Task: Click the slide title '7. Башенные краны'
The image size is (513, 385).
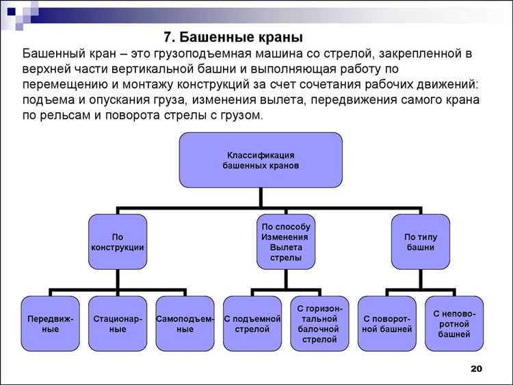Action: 233,36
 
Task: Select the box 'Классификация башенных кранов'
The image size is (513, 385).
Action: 261,160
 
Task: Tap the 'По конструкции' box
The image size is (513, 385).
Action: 118,241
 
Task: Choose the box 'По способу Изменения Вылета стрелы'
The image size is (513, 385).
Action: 285,241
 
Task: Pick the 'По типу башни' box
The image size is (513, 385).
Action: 420,241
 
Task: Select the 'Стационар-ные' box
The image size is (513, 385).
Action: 118,323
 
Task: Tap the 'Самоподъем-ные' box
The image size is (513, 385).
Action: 185,323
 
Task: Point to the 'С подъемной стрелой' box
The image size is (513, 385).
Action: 252,323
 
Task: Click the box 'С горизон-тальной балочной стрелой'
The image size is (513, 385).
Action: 319,323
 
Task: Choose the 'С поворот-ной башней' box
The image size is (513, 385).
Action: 386,323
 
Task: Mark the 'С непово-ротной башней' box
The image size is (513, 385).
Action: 453,323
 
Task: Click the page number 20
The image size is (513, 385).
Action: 477,369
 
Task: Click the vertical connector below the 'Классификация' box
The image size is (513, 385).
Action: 261,197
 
